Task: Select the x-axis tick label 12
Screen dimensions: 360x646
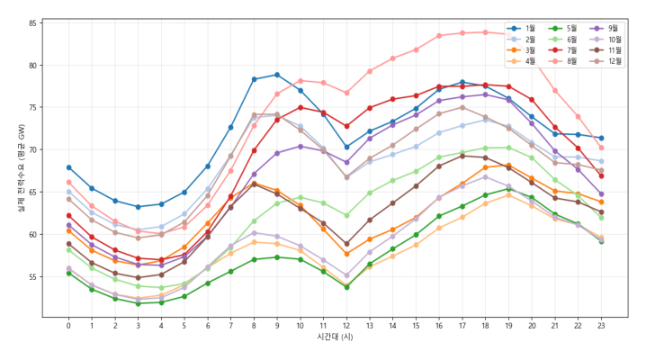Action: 346,325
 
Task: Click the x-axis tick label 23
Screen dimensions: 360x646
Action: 601,325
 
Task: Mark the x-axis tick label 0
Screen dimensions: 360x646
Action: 68,325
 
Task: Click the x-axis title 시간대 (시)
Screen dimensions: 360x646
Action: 335,337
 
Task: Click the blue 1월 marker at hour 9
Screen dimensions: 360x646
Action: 277,75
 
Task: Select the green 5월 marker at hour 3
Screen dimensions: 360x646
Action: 138,303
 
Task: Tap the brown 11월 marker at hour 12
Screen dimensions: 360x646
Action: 346,244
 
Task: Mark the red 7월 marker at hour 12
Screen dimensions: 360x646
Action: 346,126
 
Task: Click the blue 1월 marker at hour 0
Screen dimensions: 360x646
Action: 68,167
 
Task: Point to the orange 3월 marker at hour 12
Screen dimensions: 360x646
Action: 346,254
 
